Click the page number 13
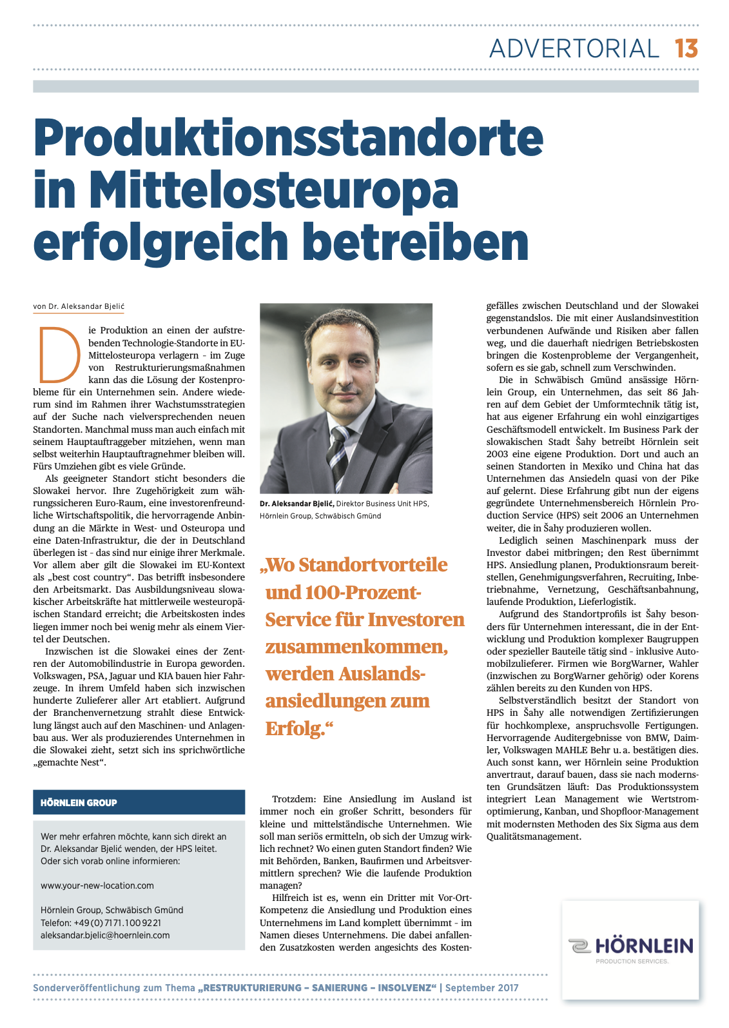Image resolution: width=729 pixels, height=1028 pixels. [686, 49]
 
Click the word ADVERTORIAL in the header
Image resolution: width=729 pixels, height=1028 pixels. [574, 49]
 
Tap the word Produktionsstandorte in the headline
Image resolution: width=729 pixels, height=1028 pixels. [289, 137]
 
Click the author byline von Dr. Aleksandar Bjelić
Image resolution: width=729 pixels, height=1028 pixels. [79, 307]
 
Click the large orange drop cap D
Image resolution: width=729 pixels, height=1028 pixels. [59, 354]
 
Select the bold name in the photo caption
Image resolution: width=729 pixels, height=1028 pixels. [296, 504]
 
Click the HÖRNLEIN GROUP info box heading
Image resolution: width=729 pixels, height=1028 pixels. [79, 803]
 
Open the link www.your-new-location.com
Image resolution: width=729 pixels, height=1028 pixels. [97, 885]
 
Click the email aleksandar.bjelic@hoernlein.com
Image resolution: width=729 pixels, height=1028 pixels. [105, 935]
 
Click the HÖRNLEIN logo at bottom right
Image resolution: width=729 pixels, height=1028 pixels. [631, 947]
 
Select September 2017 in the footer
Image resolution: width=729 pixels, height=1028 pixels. [481, 988]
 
